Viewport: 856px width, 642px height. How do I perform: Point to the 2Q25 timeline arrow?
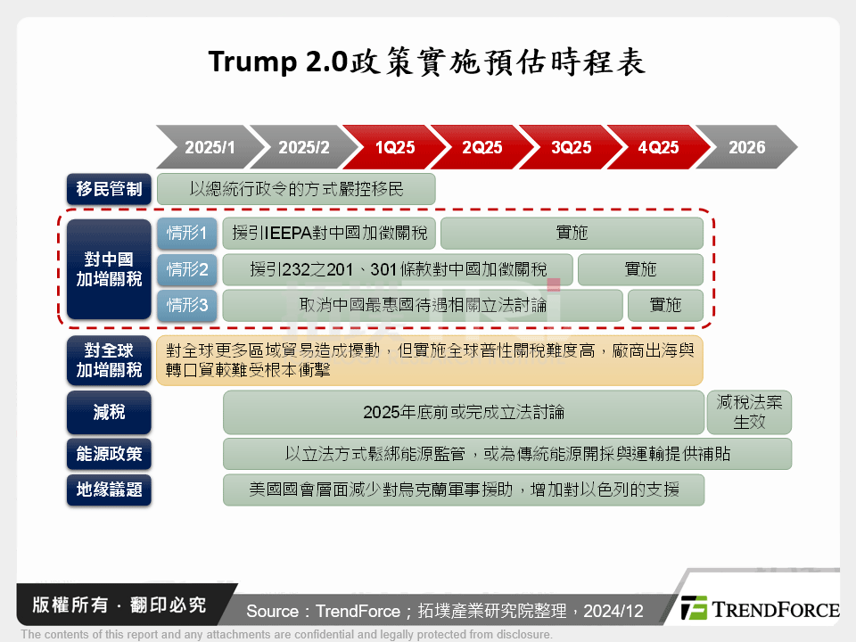click(x=481, y=147)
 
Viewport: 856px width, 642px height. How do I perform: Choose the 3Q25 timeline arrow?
click(x=571, y=147)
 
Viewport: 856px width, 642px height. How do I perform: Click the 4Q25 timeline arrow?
click(x=658, y=147)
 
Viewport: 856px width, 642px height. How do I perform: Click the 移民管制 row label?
click(x=109, y=189)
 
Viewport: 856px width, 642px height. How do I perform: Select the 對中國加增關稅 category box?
click(x=109, y=269)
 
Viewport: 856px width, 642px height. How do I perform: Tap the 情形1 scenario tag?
click(x=186, y=234)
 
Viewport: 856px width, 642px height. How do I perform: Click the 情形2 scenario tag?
click(x=186, y=269)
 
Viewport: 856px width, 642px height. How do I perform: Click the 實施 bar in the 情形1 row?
click(x=572, y=234)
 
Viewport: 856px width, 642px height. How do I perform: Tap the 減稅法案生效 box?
click(x=749, y=412)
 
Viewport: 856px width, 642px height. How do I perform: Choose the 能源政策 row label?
click(x=109, y=454)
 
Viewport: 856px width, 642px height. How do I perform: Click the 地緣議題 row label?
click(x=109, y=490)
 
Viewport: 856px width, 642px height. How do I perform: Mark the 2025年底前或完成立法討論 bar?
click(x=464, y=412)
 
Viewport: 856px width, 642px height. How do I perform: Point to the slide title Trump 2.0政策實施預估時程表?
click(x=427, y=63)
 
